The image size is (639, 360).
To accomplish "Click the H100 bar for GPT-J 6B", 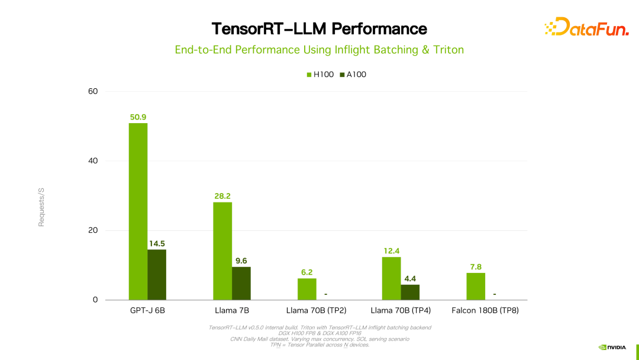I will [x=138, y=211].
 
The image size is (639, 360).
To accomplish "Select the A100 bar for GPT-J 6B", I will [x=157, y=275].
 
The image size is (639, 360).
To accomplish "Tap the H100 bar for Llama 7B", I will [x=222, y=251].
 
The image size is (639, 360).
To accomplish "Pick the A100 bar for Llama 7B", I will [x=241, y=283].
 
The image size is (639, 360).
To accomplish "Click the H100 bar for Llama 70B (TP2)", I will [x=306, y=289].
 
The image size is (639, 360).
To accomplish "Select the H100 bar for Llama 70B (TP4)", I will [x=391, y=278].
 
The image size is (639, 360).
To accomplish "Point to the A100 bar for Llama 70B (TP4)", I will [x=410, y=292].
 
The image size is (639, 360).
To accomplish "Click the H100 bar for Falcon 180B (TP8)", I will [x=476, y=286].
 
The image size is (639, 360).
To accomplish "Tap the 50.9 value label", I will [x=138, y=117].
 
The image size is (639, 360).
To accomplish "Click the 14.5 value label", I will [x=157, y=243].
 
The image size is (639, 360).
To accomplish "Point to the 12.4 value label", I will [x=391, y=251].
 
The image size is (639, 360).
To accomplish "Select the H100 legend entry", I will [x=320, y=75].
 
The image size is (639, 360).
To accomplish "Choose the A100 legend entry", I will [x=353, y=75].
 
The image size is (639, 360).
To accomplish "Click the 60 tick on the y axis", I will [x=92, y=91].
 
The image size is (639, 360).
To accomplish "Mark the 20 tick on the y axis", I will [x=92, y=230].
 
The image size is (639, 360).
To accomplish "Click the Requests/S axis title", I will [x=41, y=207].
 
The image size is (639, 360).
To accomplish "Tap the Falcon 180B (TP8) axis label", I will [x=485, y=310].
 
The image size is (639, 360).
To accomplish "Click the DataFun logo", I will [x=586, y=27].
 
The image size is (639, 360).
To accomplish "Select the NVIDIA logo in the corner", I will [x=612, y=348].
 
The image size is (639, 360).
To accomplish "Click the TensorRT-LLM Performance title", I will [x=319, y=28].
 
